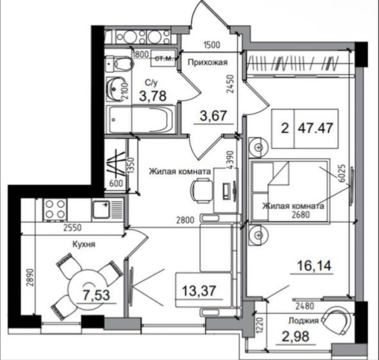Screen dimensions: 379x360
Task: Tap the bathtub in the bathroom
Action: point(142,119)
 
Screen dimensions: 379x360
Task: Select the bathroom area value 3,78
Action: point(153,95)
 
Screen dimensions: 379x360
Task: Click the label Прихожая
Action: point(208,62)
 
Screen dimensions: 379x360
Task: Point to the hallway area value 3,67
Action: point(213,115)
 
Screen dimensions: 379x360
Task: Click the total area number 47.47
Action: point(316,128)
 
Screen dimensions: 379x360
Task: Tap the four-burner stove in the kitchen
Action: point(55,210)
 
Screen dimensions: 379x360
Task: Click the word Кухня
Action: point(84,244)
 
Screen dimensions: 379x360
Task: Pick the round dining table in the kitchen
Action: point(88,289)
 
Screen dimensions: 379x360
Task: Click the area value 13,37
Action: point(198,290)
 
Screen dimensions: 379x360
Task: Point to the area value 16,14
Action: point(314,266)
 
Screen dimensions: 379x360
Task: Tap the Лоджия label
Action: point(303,321)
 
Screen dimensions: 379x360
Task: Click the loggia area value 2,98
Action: point(296,336)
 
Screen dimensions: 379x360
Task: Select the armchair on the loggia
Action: point(336,320)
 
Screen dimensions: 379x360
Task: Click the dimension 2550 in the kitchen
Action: point(73,228)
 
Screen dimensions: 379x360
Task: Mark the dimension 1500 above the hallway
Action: point(212,45)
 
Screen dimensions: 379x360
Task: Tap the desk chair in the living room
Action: point(201,191)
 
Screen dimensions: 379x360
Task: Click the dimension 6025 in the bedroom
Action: point(343,174)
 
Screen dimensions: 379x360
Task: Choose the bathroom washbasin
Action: point(115,88)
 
